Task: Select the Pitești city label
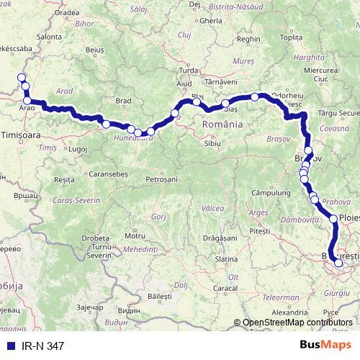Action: (x=258, y=231)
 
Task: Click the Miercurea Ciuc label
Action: (x=321, y=74)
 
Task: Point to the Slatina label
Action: (x=226, y=258)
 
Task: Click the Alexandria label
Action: (x=289, y=312)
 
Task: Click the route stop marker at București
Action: (x=338, y=263)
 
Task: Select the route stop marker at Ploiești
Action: (x=334, y=218)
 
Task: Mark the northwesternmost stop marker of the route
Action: (x=22, y=78)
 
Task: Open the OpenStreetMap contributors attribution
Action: (x=297, y=323)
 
